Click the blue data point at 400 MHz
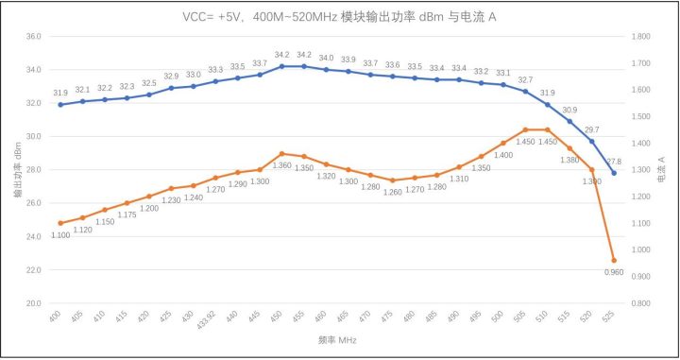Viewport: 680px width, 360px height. [x=60, y=104]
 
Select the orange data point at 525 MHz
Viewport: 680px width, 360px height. [x=614, y=261]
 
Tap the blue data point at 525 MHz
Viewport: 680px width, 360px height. [x=614, y=173]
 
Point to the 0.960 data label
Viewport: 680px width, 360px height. [x=615, y=272]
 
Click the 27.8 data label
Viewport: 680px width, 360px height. [x=614, y=162]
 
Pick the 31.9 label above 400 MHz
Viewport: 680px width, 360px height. [x=60, y=93]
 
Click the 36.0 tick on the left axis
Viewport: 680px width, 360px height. [x=33, y=37]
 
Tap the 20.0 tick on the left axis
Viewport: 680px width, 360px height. [x=33, y=303]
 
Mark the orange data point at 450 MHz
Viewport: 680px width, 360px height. [x=281, y=153]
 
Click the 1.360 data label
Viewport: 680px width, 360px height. [x=281, y=165]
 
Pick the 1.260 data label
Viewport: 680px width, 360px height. [x=392, y=191]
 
